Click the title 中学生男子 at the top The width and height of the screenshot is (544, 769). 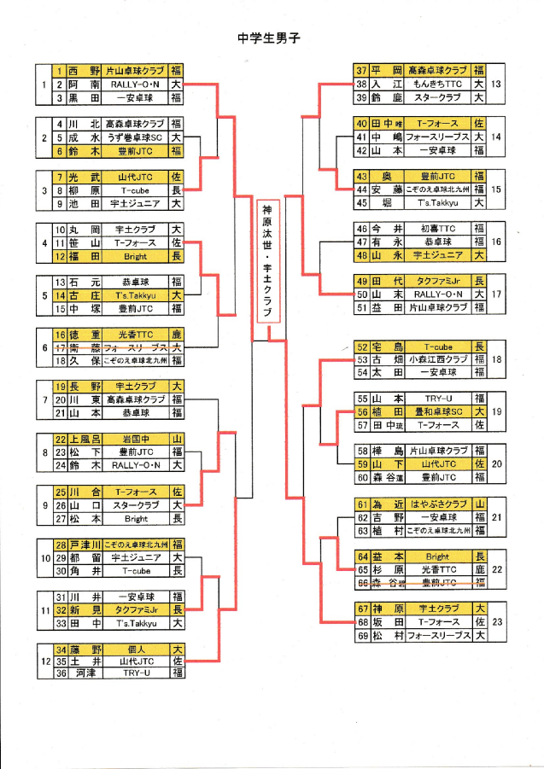271,38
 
